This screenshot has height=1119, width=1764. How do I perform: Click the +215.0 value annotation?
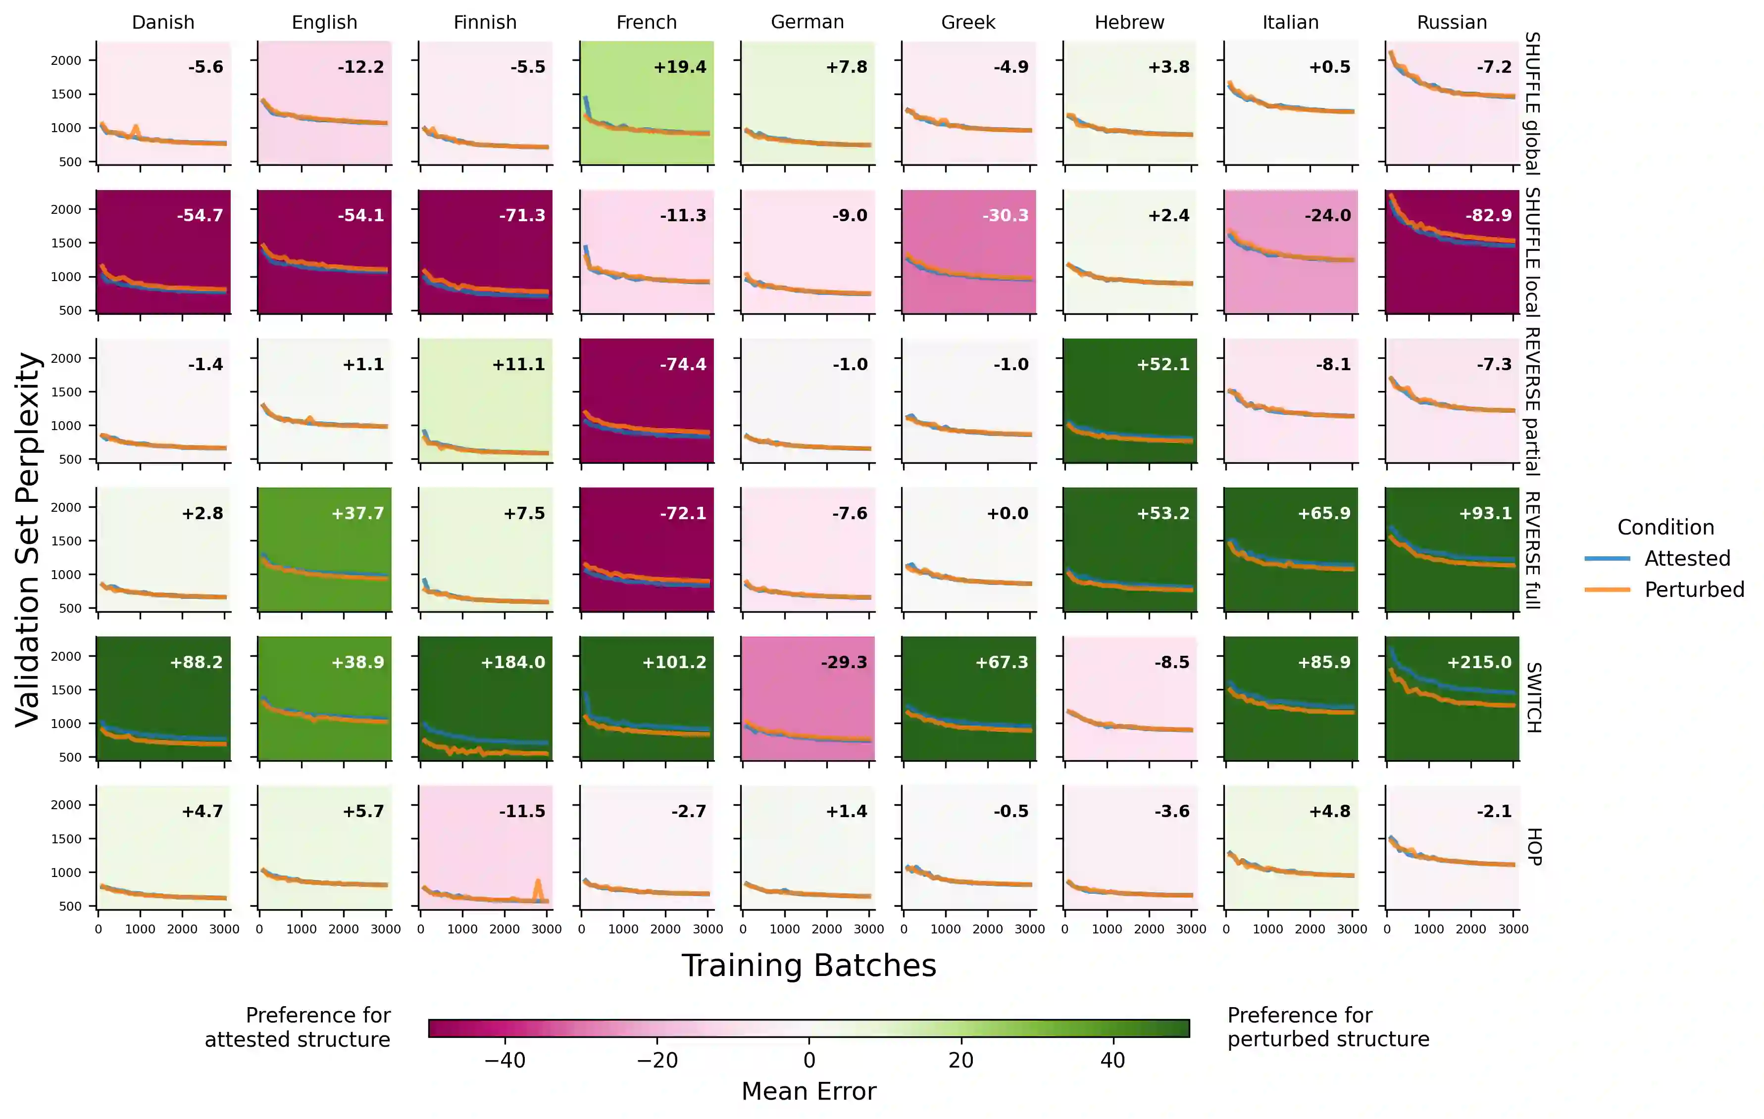pos(1478,662)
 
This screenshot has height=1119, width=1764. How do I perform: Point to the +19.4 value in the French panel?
pos(680,67)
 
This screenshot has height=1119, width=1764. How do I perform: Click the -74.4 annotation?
pos(682,364)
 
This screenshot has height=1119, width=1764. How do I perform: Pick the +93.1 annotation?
pos(1485,513)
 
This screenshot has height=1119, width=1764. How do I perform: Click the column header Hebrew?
pos(1129,22)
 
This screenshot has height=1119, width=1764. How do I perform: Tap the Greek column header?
pos(968,22)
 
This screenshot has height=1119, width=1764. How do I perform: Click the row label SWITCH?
pos(1532,697)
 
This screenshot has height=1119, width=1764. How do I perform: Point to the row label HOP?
pos(1532,847)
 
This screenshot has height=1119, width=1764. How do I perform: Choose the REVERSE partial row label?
pos(1532,401)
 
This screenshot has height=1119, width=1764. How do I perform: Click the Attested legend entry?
pos(1686,558)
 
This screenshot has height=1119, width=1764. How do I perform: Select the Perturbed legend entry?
pos(1694,589)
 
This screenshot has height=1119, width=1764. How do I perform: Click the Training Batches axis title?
pos(809,965)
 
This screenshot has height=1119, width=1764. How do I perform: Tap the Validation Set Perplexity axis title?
pos(27,540)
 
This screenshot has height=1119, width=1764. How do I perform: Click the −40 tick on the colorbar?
pos(504,1060)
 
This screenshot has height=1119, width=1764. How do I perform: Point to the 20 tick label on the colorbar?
pos(960,1060)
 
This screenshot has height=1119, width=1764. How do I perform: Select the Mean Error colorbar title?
pos(809,1091)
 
